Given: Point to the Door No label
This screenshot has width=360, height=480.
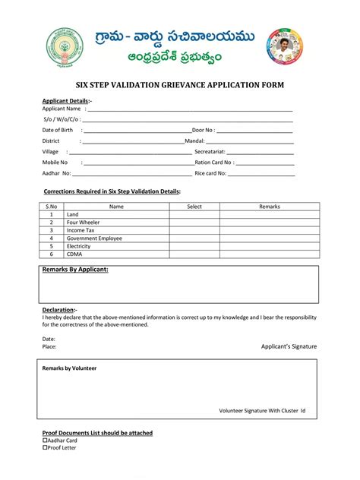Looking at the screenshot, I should pyautogui.click(x=203, y=130).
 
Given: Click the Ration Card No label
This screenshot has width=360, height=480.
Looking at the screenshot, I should pyautogui.click(x=213, y=163).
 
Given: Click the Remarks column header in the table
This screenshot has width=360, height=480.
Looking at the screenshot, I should pyautogui.click(x=270, y=207).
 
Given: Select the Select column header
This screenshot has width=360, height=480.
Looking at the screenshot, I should pyautogui.click(x=194, y=207).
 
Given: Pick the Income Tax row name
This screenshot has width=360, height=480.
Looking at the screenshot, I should pyautogui.click(x=81, y=230).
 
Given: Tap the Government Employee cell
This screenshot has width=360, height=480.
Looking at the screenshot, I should pyautogui.click(x=94, y=238).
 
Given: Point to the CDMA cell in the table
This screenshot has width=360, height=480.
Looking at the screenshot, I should pyautogui.click(x=74, y=254).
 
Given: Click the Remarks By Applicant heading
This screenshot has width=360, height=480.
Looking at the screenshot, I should pyautogui.click(x=75, y=270).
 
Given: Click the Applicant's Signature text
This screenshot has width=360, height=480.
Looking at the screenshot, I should pyautogui.click(x=289, y=346).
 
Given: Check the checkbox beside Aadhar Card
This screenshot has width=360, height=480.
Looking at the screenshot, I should pyautogui.click(x=44, y=441).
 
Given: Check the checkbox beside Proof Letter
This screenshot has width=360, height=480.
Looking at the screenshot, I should pyautogui.click(x=44, y=448).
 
